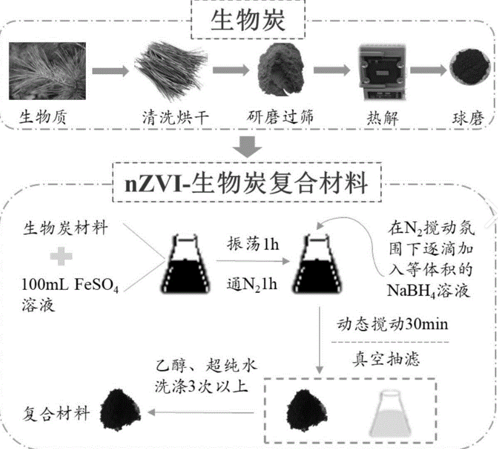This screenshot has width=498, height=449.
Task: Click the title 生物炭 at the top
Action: click(248, 20)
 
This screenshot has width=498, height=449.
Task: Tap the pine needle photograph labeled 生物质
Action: click(48, 71)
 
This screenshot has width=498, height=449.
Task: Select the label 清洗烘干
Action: click(175, 118)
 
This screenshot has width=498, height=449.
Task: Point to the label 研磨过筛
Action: click(280, 117)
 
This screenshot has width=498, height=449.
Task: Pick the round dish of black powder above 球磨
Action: click(470, 67)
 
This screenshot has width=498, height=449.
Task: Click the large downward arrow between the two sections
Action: click(247, 147)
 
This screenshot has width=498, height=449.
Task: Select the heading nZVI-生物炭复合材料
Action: click(247, 183)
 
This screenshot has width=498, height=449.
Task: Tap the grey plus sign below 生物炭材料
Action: click(61, 256)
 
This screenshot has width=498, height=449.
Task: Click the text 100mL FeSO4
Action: click(70, 285)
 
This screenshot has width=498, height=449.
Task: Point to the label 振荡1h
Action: click(253, 244)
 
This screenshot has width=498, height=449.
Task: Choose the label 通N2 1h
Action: click(252, 284)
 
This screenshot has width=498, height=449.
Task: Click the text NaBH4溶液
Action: click(428, 290)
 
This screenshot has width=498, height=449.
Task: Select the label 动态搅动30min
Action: click(392, 324)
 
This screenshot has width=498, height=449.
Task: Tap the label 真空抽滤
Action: click(386, 360)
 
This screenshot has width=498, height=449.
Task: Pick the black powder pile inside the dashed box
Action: click(306, 411)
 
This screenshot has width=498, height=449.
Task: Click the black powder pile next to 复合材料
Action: click(120, 410)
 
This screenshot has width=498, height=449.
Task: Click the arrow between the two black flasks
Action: click(253, 261)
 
